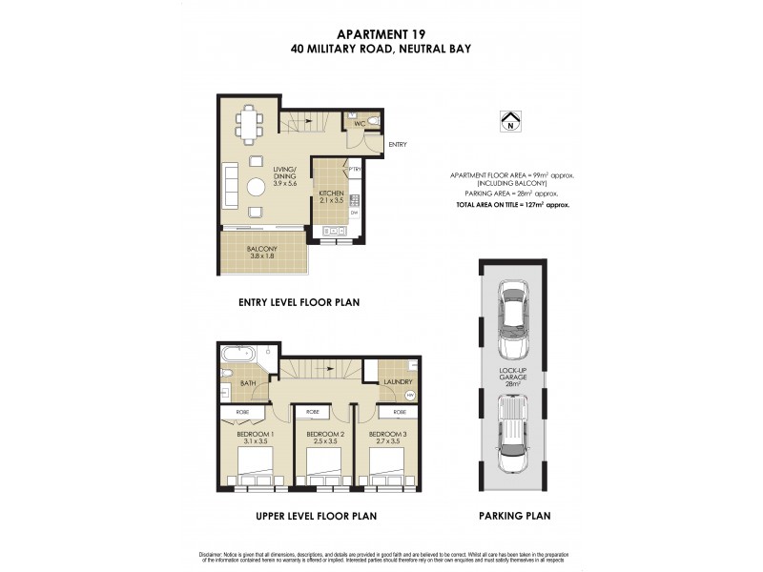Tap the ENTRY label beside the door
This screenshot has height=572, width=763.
point(398,145)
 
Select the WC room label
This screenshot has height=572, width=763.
point(361,124)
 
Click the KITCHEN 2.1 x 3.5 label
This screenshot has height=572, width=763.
point(330,197)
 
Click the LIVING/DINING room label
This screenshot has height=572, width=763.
point(258,174)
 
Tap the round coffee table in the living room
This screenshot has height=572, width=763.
point(256,187)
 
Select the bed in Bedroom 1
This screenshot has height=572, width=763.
point(253,468)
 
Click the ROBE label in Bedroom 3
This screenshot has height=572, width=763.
point(398,414)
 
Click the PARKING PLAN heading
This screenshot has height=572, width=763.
point(514,516)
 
